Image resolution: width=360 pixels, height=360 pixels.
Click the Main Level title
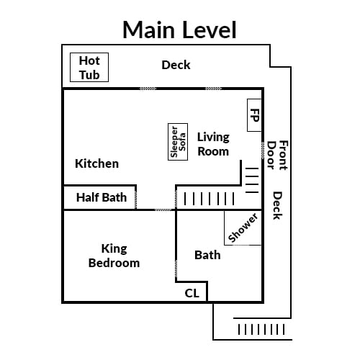(179, 30)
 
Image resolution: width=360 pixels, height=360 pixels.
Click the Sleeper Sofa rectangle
(178, 142)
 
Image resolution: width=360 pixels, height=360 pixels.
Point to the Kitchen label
(96, 163)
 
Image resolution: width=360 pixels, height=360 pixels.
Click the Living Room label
(213, 144)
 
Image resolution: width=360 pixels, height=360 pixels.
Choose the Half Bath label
(102, 197)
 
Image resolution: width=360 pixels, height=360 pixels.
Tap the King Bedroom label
(114, 256)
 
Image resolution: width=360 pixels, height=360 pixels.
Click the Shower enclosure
(243, 228)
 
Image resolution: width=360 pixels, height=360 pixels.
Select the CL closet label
(192, 293)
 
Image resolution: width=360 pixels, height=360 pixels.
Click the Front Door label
(277, 156)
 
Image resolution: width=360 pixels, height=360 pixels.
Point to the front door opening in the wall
(263, 150)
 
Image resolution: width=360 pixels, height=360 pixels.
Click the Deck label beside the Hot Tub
(176, 65)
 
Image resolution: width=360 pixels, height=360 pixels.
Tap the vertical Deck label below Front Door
(277, 205)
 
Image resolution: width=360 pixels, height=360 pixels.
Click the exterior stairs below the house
(261, 329)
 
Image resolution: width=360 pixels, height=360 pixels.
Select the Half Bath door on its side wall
(136, 199)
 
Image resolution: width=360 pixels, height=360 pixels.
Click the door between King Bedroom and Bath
(176, 269)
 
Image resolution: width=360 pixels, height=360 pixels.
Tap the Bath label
(207, 255)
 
